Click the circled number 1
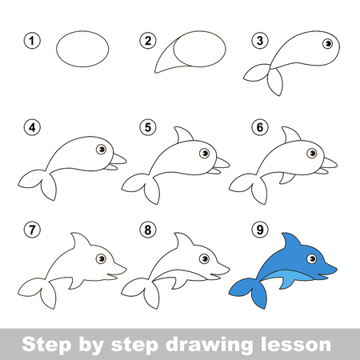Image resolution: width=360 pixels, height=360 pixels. [32, 41]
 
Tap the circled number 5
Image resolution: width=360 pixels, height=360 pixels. [147, 127]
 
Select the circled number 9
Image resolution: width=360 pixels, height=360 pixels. [260, 230]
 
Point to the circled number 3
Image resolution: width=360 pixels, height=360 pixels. [260, 41]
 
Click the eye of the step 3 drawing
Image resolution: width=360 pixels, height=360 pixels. [328, 44]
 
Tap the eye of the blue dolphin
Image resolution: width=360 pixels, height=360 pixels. [311, 258]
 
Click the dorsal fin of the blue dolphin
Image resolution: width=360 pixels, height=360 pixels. [291, 242]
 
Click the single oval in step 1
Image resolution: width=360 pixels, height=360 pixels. [82, 49]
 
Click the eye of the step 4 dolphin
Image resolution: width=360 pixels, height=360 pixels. [101, 149]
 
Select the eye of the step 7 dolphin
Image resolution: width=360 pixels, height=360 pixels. [101, 258]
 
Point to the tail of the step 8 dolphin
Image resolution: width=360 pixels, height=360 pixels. [142, 292]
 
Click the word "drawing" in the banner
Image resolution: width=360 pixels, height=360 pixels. [209, 345]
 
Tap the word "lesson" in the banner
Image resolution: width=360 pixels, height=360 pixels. [296, 344]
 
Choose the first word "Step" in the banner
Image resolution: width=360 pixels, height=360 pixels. [46, 345]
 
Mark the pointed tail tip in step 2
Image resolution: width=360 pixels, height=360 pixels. [155, 72]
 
